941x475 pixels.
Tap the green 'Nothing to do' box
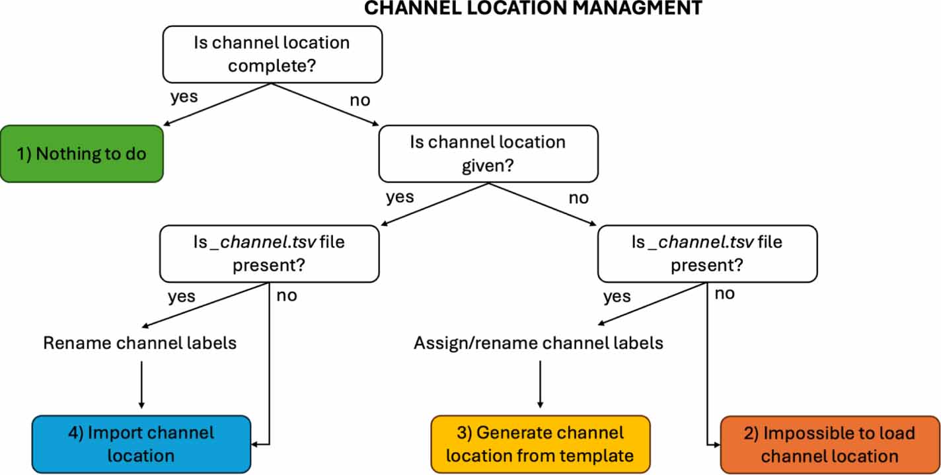[x=81, y=154]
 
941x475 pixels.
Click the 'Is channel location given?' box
[x=488, y=153]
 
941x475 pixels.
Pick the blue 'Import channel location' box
[x=141, y=444]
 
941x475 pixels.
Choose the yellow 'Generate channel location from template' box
[x=540, y=444]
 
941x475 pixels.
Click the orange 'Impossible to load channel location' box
[x=829, y=445]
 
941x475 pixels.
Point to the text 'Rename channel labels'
[x=139, y=344]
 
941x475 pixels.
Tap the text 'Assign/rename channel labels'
[x=539, y=344]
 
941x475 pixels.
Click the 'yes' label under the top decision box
[x=184, y=96]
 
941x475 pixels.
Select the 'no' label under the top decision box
[x=359, y=100]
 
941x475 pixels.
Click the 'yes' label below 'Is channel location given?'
[x=399, y=197]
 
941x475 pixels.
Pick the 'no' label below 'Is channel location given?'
[x=578, y=198]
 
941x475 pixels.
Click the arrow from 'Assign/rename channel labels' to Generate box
[x=540, y=383]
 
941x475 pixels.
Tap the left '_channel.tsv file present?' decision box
[x=269, y=254]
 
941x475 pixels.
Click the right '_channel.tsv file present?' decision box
[x=706, y=254]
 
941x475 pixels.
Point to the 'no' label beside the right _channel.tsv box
[x=724, y=293]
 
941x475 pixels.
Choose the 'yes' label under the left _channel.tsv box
[x=181, y=296]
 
